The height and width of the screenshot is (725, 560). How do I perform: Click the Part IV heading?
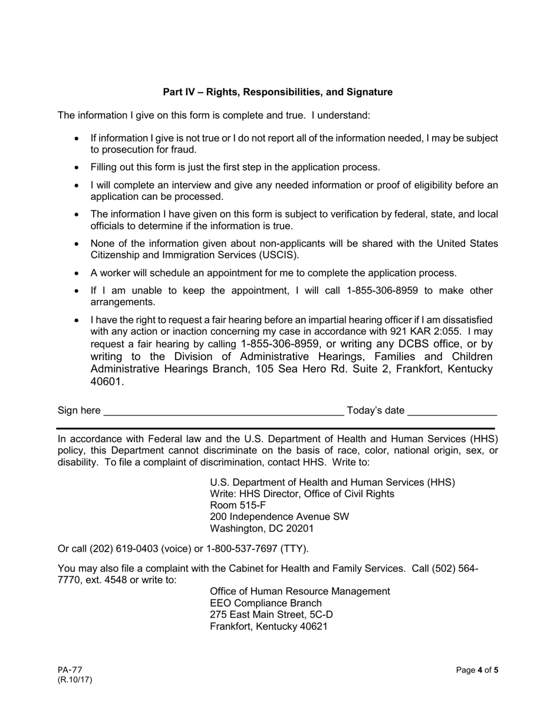click(278, 93)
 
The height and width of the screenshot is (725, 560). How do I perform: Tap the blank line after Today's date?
click(452, 412)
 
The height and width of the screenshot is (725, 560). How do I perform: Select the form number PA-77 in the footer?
click(70, 670)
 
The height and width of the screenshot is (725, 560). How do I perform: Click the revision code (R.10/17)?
click(75, 680)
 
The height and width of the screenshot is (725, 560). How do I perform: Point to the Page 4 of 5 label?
click(477, 670)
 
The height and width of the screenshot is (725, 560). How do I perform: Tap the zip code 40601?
click(107, 382)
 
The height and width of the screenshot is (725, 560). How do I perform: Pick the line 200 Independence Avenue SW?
click(279, 517)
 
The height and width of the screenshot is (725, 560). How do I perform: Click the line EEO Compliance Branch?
click(266, 603)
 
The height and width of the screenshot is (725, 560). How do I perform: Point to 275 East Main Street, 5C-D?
click(271, 615)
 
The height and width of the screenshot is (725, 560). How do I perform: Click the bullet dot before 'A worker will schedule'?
click(77, 273)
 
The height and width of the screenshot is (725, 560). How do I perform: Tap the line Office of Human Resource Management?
click(299, 591)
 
